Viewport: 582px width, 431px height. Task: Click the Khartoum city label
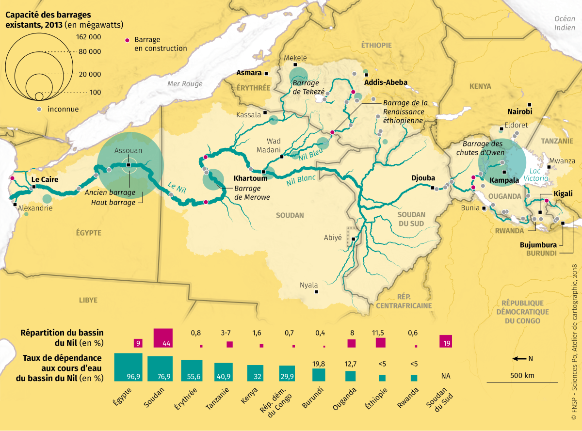pyautogui.click(x=248, y=178)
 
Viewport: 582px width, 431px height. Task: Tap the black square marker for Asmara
pyautogui.click(x=266, y=73)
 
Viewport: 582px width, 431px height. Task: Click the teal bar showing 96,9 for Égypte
pyautogui.click(x=128, y=367)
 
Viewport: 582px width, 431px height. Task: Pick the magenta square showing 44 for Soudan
pyautogui.click(x=163, y=338)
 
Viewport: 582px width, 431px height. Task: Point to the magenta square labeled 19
pyautogui.click(x=445, y=341)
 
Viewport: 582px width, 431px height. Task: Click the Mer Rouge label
pyautogui.click(x=185, y=84)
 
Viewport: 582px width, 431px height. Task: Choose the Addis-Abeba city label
pyautogui.click(x=387, y=82)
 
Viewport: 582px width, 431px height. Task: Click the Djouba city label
pyautogui.click(x=423, y=178)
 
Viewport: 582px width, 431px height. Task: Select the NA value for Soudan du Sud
pyautogui.click(x=445, y=376)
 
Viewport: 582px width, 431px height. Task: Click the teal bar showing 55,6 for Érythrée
pyautogui.click(x=192, y=371)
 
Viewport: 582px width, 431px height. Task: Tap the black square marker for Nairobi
pyautogui.click(x=530, y=104)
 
